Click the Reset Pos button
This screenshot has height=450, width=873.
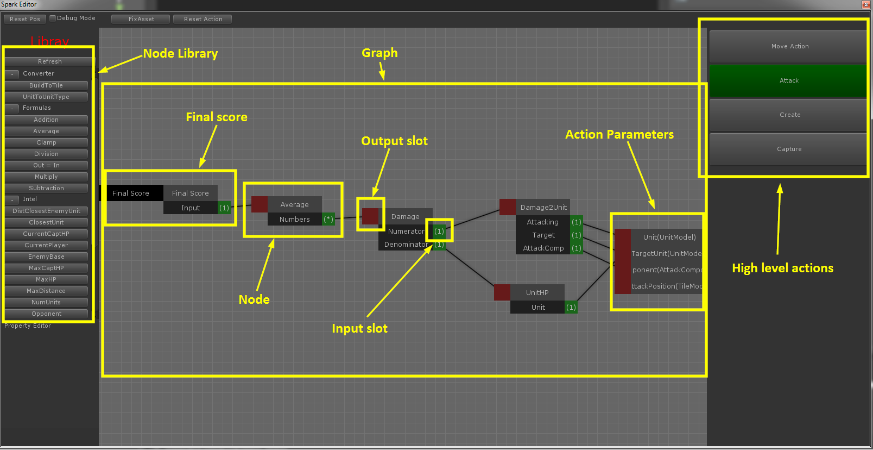coord(25,19)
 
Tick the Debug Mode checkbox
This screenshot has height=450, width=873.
coord(53,18)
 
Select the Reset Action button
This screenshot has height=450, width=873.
coord(203,19)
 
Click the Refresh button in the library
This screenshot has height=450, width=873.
coord(49,61)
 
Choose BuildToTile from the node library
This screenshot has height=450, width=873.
coord(46,85)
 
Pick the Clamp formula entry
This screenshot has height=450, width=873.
coord(46,142)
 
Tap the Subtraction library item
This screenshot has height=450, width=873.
coord(46,188)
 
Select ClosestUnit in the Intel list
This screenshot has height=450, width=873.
coord(46,222)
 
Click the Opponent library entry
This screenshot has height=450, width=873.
coord(46,314)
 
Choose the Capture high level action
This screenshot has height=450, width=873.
coord(789,149)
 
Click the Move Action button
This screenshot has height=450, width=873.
coord(789,46)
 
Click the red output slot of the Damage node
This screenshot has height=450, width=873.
coord(370,216)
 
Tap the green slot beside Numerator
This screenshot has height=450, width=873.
coord(439,231)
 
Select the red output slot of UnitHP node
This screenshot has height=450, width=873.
coord(502,292)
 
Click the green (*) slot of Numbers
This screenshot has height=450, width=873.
coord(328,219)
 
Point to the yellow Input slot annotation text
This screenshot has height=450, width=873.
coord(359,328)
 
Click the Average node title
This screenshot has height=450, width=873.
coord(294,204)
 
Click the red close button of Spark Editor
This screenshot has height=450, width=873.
coord(866,4)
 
